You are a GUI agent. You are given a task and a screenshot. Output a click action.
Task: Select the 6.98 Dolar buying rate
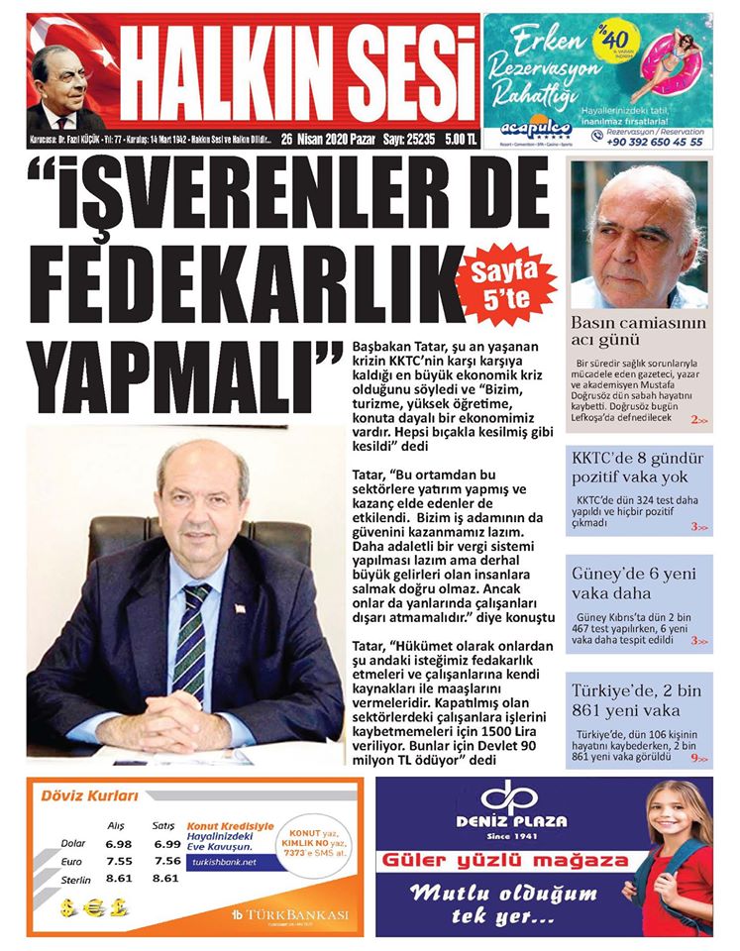click(x=118, y=842)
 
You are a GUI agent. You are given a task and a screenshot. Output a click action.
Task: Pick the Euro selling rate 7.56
click(x=167, y=860)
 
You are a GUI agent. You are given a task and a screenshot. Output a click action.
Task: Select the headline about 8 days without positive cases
click(x=638, y=470)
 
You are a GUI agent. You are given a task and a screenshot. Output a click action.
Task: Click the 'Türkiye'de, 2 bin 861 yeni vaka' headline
click(x=638, y=699)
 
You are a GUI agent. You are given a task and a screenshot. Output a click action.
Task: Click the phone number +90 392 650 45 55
click(x=655, y=142)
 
